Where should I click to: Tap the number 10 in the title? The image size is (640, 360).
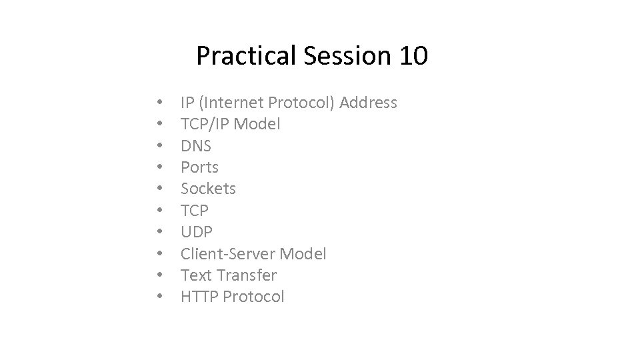point(415,56)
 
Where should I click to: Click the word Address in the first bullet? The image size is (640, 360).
point(368,103)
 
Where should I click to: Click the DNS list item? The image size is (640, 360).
point(196,145)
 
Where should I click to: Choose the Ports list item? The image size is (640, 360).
point(199,167)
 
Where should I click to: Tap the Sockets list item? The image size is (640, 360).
point(208,189)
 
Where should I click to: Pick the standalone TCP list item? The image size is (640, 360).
point(195,211)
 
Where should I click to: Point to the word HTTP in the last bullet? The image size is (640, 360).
point(199,297)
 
